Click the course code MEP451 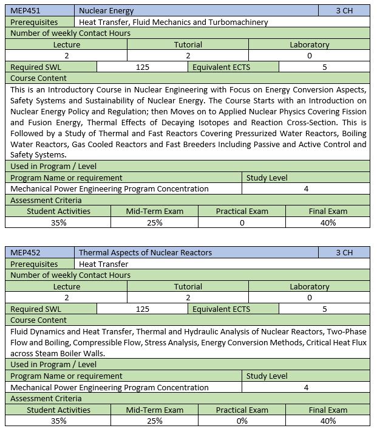click(25, 11)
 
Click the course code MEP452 click(25, 253)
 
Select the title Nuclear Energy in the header click(106, 11)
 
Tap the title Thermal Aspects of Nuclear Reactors click(145, 253)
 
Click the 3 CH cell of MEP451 click(344, 11)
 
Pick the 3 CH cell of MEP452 click(344, 253)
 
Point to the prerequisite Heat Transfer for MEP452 click(104, 264)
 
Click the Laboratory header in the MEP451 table click(310, 44)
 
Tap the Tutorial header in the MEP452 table click(188, 286)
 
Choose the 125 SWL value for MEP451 click(143, 67)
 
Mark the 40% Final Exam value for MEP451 click(328, 223)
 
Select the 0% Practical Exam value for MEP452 click(242, 421)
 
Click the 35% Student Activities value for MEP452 click(59, 421)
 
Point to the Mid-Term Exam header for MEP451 click(154, 212)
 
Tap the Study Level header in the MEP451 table click(267, 178)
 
